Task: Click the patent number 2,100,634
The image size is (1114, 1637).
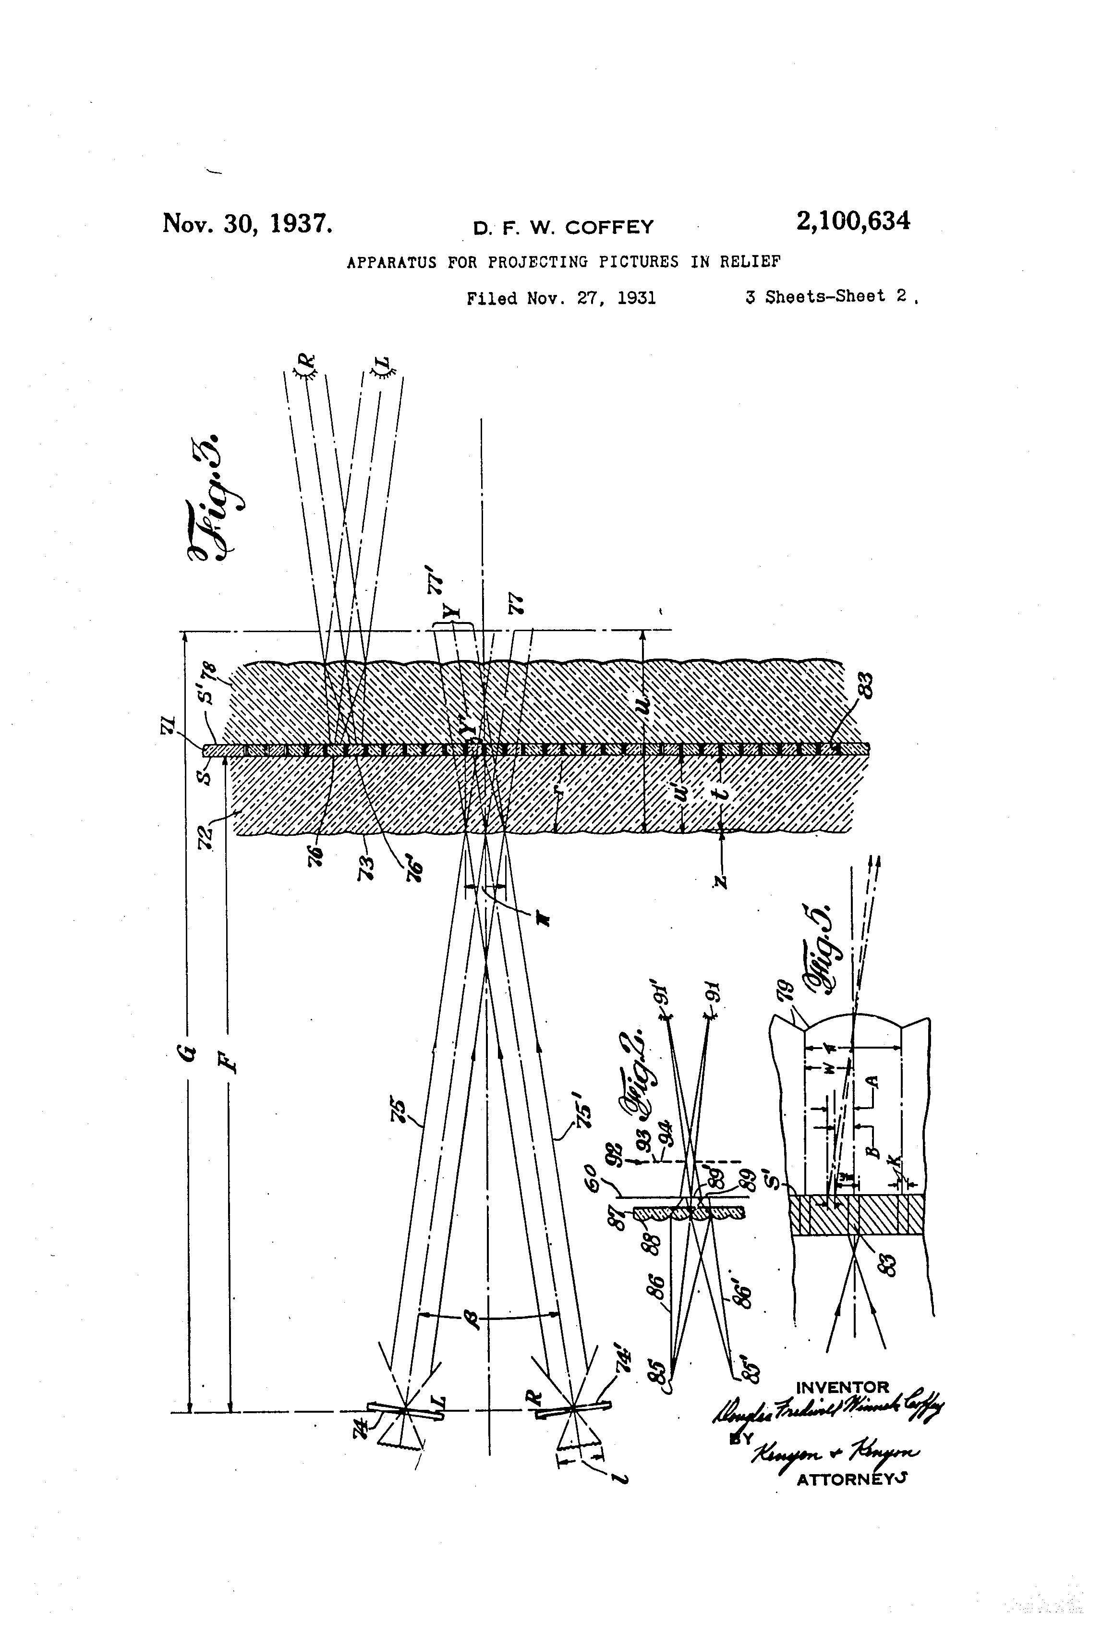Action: [853, 221]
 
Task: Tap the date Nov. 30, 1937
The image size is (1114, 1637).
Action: [247, 223]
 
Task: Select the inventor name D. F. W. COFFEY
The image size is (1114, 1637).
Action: [563, 228]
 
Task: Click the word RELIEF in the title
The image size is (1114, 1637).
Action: [750, 262]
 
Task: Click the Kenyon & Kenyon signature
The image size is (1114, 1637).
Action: [835, 1453]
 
